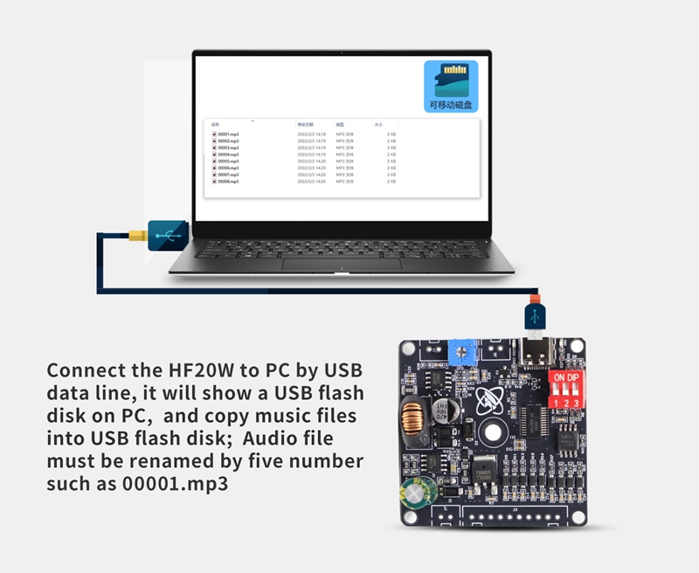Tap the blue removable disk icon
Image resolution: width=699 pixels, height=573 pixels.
[451, 79]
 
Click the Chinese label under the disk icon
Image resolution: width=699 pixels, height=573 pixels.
[451, 105]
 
